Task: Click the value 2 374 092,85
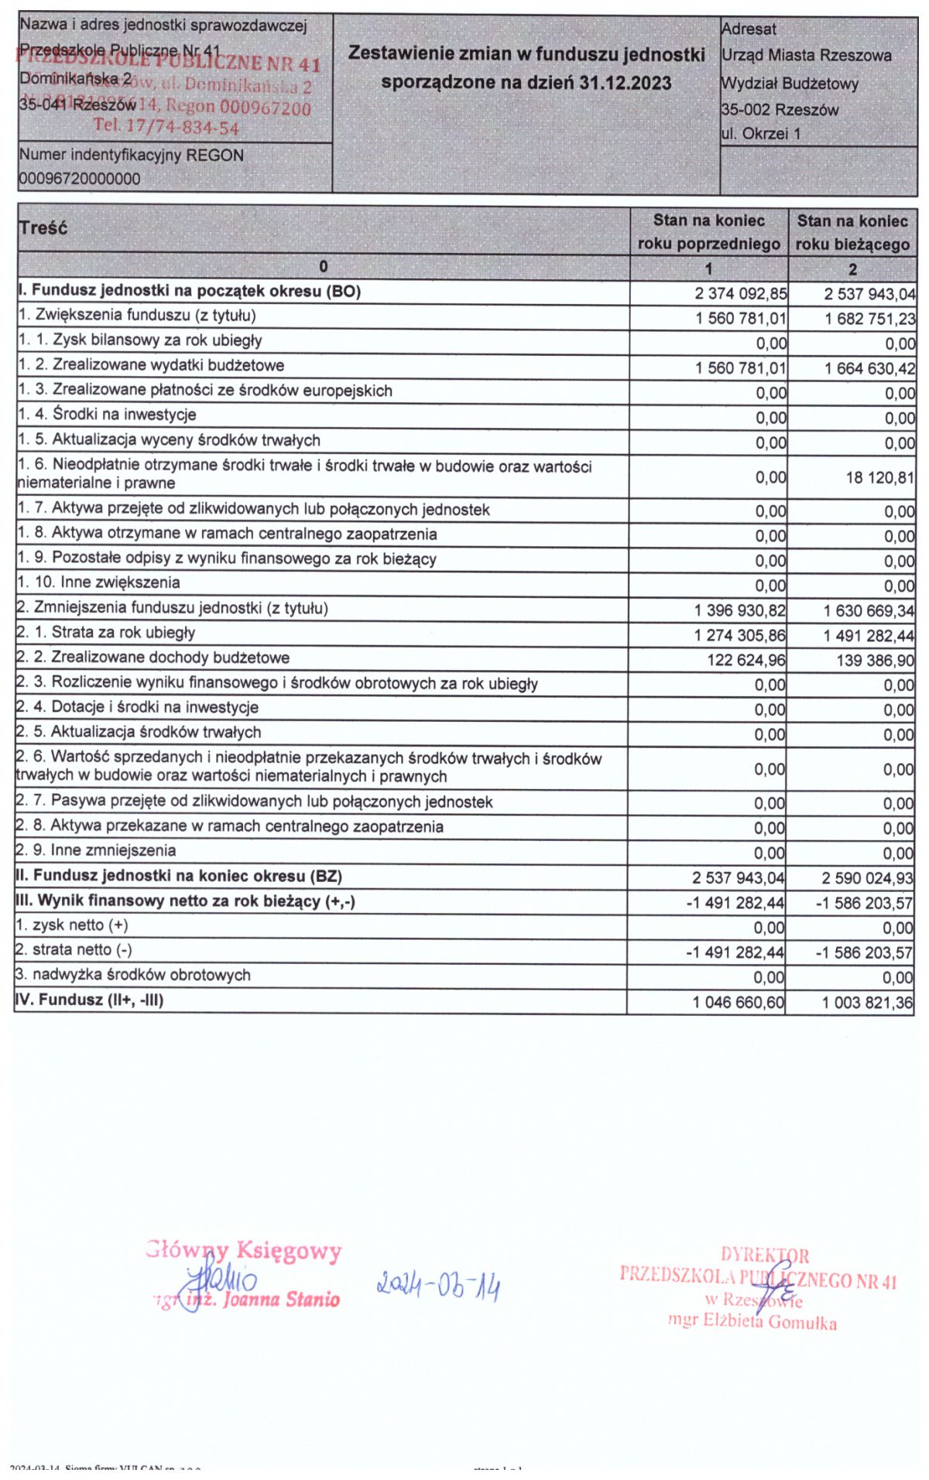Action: click(x=740, y=294)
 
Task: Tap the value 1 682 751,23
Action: click(x=869, y=319)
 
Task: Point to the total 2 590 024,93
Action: click(x=867, y=878)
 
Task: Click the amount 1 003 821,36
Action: click(x=867, y=1003)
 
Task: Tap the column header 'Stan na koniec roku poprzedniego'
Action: click(x=708, y=232)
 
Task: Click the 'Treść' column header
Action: click(x=43, y=228)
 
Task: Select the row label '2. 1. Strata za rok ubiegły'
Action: click(x=106, y=633)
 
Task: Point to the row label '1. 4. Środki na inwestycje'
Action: click(x=108, y=415)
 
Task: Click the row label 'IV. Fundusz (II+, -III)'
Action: click(x=90, y=1000)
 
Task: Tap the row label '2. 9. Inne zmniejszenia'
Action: click(x=96, y=851)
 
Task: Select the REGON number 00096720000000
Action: click(x=80, y=179)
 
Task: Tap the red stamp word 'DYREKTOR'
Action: click(x=765, y=1255)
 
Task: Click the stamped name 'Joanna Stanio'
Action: click(x=281, y=1300)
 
